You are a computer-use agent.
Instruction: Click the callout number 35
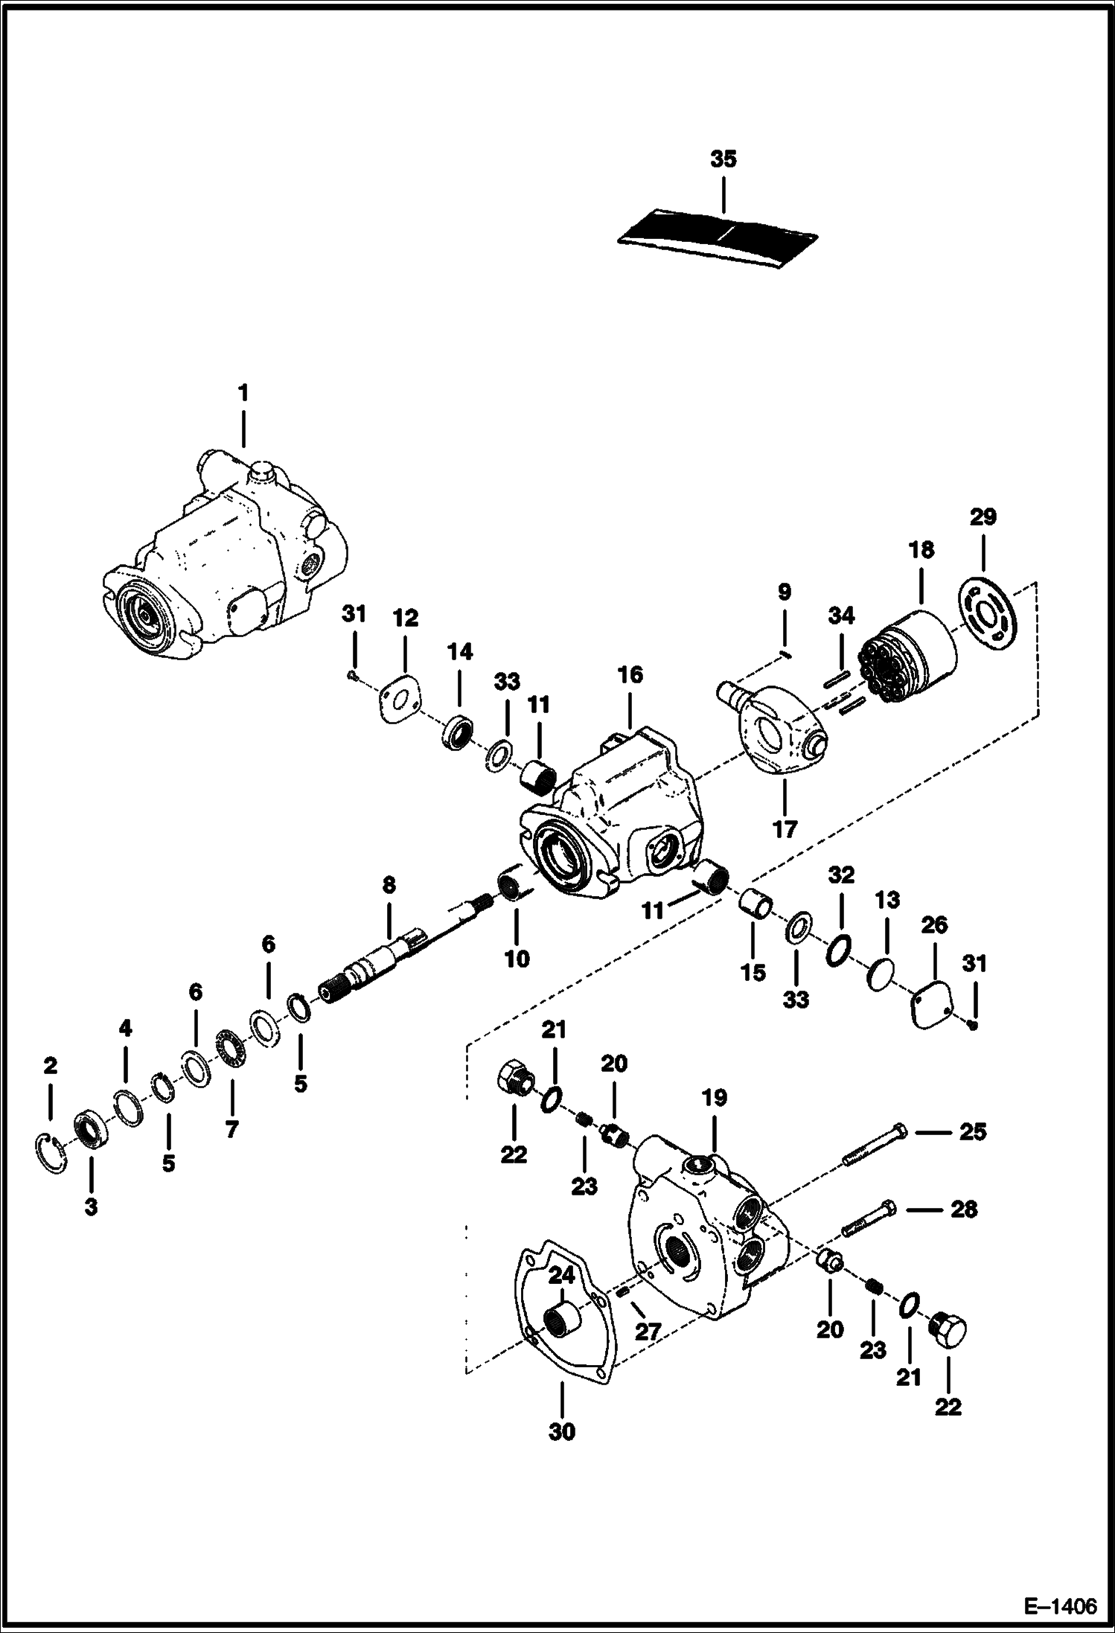[723, 159]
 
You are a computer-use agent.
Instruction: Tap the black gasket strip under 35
[718, 233]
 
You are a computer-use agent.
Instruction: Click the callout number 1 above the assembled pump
[243, 392]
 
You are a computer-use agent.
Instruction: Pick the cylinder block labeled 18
[908, 655]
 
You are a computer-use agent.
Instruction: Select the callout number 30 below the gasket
[562, 1431]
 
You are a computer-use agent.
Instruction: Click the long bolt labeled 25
[875, 1154]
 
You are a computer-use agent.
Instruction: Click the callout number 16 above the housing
[629, 675]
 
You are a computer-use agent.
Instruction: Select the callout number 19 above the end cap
[714, 1097]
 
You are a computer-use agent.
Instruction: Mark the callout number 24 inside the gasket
[562, 1275]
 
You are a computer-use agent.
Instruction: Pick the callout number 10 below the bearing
[517, 958]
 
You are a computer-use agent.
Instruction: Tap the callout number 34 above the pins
[841, 616]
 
